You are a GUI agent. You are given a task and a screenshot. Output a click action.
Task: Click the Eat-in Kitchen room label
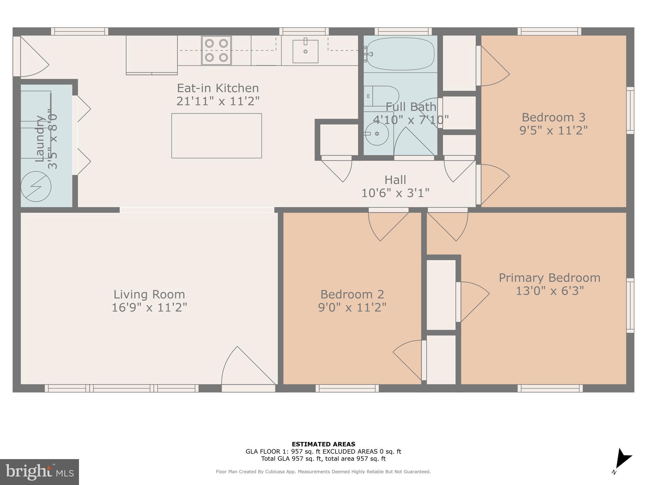click(218, 88)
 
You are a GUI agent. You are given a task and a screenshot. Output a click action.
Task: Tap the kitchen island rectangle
click(216, 136)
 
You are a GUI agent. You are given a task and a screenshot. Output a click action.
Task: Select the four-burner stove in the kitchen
click(216, 51)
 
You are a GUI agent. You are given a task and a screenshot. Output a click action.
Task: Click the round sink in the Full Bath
click(377, 134)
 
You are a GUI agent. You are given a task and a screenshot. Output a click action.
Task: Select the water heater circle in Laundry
click(36, 187)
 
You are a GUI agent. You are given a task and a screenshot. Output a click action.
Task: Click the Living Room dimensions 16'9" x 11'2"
click(149, 307)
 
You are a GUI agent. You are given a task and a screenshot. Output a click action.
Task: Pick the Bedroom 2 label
click(352, 294)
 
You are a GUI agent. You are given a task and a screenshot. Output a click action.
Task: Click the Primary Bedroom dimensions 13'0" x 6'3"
click(549, 290)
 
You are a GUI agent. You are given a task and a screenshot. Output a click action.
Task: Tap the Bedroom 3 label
click(553, 117)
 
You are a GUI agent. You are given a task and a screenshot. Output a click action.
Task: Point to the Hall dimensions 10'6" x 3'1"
click(395, 193)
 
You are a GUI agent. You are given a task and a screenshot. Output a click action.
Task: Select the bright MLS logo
click(39, 472)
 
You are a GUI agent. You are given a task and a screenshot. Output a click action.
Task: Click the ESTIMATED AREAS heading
click(323, 444)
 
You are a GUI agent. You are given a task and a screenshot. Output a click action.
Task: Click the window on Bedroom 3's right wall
click(630, 111)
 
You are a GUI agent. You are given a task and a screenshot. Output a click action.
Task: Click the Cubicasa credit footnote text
click(323, 472)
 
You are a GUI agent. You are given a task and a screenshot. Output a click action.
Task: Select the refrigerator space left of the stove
click(152, 54)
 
